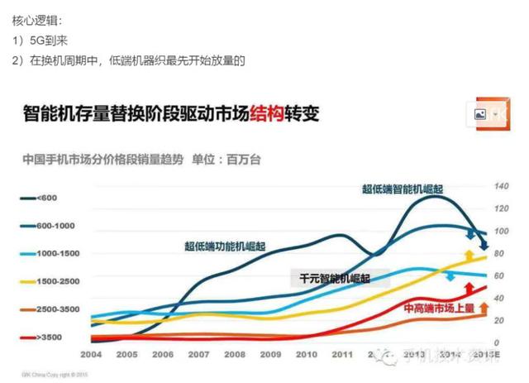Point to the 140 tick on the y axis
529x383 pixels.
[x=501, y=186]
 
